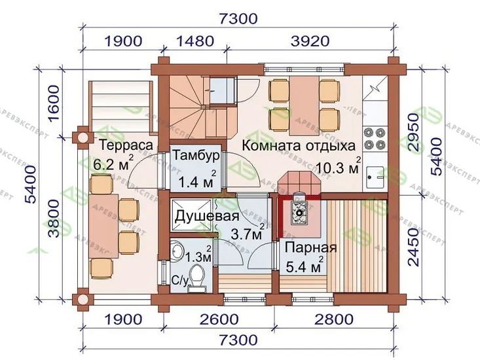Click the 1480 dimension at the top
195,41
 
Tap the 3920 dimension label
310,41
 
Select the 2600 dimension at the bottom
219,319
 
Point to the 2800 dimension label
334,319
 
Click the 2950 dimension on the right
413,132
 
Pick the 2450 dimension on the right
413,247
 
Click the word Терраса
126,145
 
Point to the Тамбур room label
196,155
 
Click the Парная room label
310,247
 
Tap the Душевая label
207,216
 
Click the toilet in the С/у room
196,277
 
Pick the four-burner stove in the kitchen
374,138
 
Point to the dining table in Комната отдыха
304,106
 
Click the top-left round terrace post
82,137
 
